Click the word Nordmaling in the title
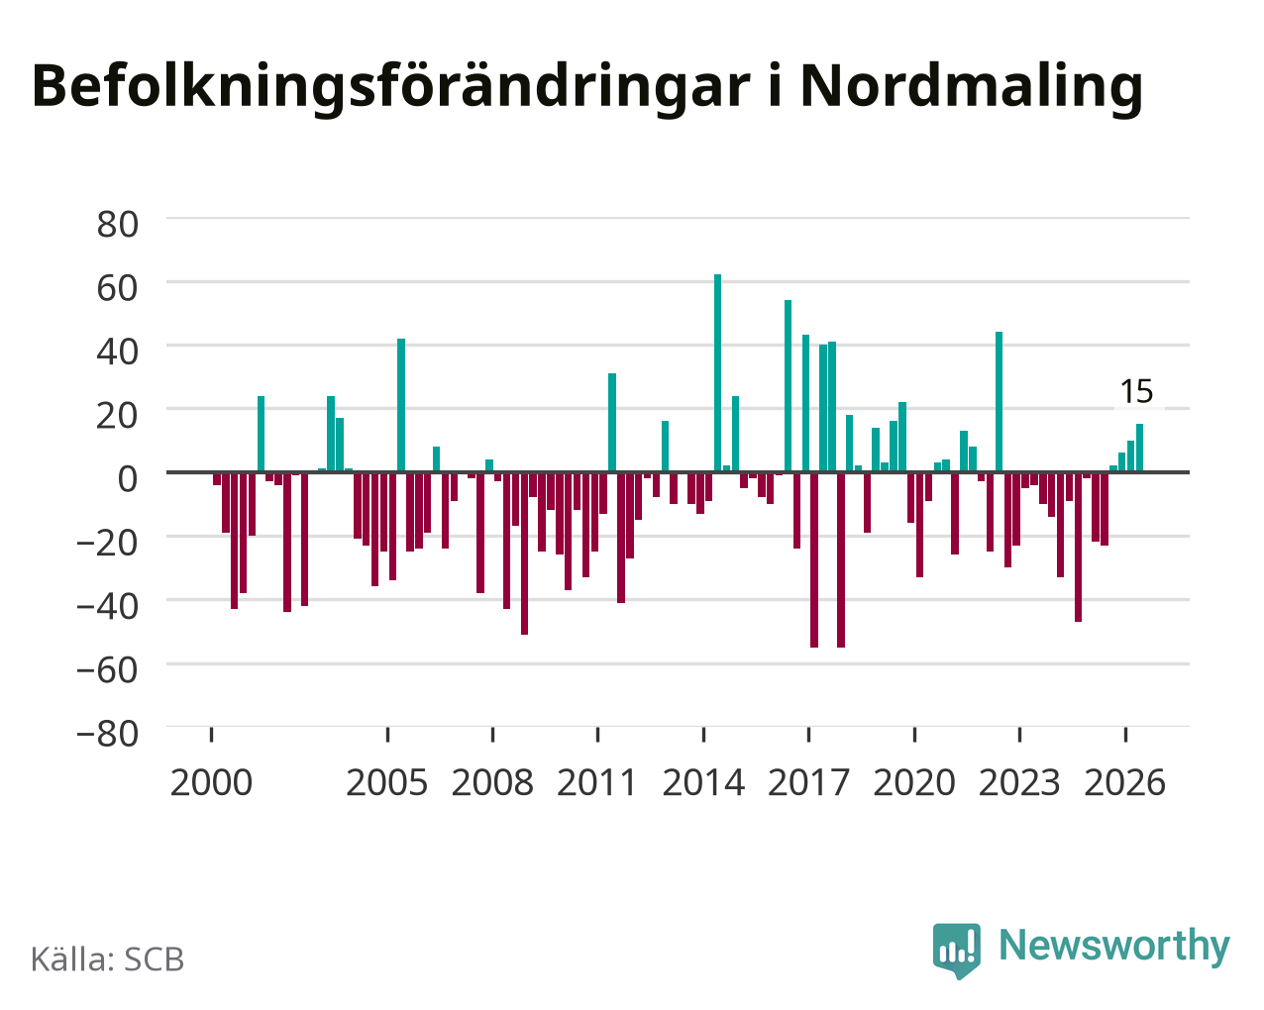coord(972,87)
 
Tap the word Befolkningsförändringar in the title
coord(391,87)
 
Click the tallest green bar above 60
coord(717,373)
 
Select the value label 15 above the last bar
coord(1136,391)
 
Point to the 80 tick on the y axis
coord(118,225)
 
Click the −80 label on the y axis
coord(108,734)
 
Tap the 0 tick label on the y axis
coord(128,478)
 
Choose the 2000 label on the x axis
coord(211,782)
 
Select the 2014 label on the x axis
coord(703,782)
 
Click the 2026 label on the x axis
coord(1124,782)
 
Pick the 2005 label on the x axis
coord(387,782)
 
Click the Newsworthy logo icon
coord(956,951)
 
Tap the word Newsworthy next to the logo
coord(1114,946)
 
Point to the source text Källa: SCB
coord(108,959)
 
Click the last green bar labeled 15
coord(1139,448)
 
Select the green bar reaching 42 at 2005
coord(401,405)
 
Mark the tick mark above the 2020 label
coord(914,735)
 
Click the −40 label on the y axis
coord(108,606)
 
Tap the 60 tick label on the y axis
coord(118,288)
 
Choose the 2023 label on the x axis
coord(1019,782)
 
